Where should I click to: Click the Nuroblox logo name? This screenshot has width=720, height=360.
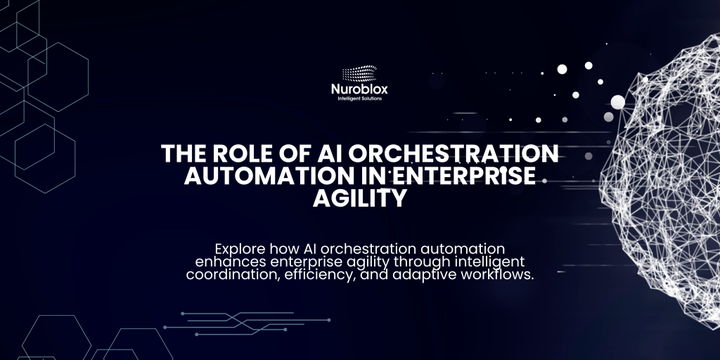click(359, 89)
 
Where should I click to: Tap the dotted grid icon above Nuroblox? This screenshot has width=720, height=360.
click(359, 73)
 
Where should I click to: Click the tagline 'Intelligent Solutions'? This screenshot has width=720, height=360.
click(359, 98)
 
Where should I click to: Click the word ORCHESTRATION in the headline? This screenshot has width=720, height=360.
click(453, 154)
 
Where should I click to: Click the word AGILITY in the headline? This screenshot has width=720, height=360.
click(360, 198)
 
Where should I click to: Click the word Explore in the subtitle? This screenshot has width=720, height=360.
click(240, 249)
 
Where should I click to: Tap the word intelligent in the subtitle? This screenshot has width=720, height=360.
click(489, 262)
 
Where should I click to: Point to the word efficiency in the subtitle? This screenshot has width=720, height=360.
click(320, 276)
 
